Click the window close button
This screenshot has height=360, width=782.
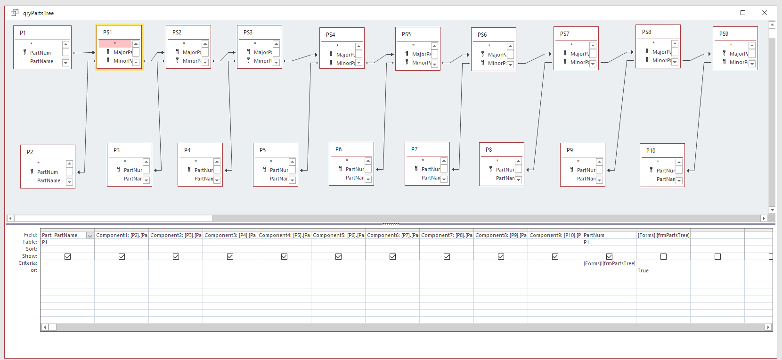click(765, 13)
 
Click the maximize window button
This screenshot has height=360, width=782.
click(743, 13)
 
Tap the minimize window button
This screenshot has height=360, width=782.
click(721, 13)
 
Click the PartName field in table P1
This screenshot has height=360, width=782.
click(41, 61)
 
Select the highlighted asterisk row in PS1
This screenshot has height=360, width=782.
click(115, 44)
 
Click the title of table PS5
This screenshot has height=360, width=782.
click(406, 34)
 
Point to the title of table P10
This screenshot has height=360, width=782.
click(651, 151)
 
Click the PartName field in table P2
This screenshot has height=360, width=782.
click(49, 180)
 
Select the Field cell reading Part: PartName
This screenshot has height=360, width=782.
click(63, 235)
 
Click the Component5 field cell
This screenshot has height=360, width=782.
click(338, 235)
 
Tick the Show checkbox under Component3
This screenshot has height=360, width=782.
click(230, 256)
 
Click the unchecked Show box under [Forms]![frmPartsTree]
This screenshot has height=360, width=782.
click(663, 256)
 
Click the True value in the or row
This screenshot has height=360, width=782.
click(643, 270)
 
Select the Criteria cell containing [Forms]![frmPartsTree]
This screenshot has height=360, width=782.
click(609, 263)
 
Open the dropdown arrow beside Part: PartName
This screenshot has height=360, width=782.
click(90, 235)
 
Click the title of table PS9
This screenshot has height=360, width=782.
click(724, 34)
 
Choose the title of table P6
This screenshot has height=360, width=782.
click(338, 149)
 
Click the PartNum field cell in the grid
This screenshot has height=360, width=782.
click(594, 235)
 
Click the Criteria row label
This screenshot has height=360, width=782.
click(28, 263)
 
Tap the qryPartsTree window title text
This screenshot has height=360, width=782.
click(39, 13)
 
